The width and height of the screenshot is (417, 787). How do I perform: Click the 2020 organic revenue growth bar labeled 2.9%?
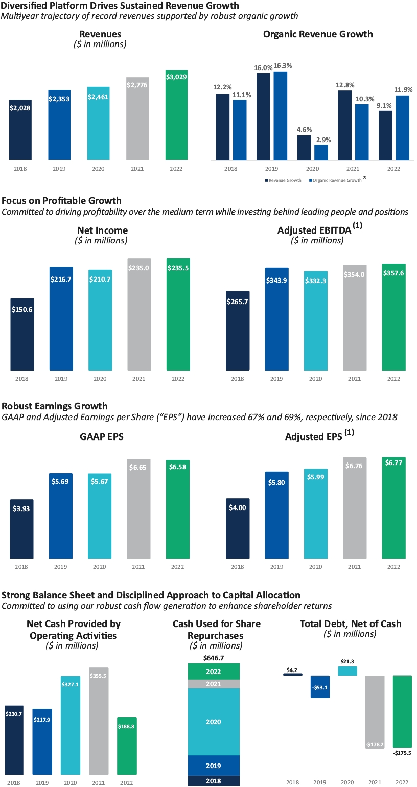tap(321, 152)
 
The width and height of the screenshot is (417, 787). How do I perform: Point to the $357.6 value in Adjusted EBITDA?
tap(393, 273)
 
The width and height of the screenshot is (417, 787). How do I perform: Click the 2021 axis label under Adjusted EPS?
tap(355, 567)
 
